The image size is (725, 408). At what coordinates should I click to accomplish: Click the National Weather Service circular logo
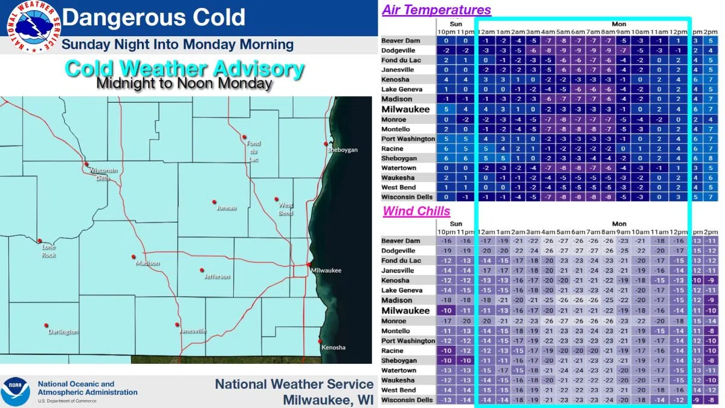(33, 26)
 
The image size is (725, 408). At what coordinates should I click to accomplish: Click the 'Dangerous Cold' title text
(153, 17)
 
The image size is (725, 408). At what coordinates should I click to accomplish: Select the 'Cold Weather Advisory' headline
(184, 68)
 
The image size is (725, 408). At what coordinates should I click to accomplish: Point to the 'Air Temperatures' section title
(437, 10)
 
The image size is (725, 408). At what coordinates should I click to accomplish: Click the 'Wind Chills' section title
(416, 211)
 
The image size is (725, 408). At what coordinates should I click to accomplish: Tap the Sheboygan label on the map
(343, 150)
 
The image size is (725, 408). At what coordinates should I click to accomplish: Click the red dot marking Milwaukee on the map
(308, 264)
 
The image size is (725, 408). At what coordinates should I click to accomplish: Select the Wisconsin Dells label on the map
(103, 173)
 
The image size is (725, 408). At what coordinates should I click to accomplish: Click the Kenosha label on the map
(333, 348)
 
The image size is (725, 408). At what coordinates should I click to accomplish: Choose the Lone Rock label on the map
(48, 250)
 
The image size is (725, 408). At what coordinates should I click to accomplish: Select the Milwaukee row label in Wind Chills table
(405, 311)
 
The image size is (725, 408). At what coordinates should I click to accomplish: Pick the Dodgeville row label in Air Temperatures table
(398, 50)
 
